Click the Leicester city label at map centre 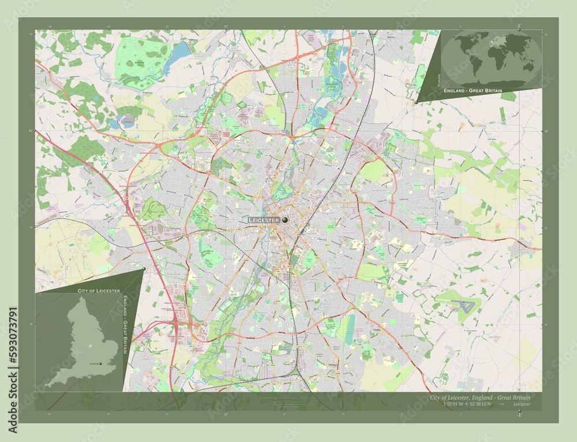click(264, 221)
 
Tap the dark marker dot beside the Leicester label click(285, 220)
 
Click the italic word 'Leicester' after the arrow click(522, 405)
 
